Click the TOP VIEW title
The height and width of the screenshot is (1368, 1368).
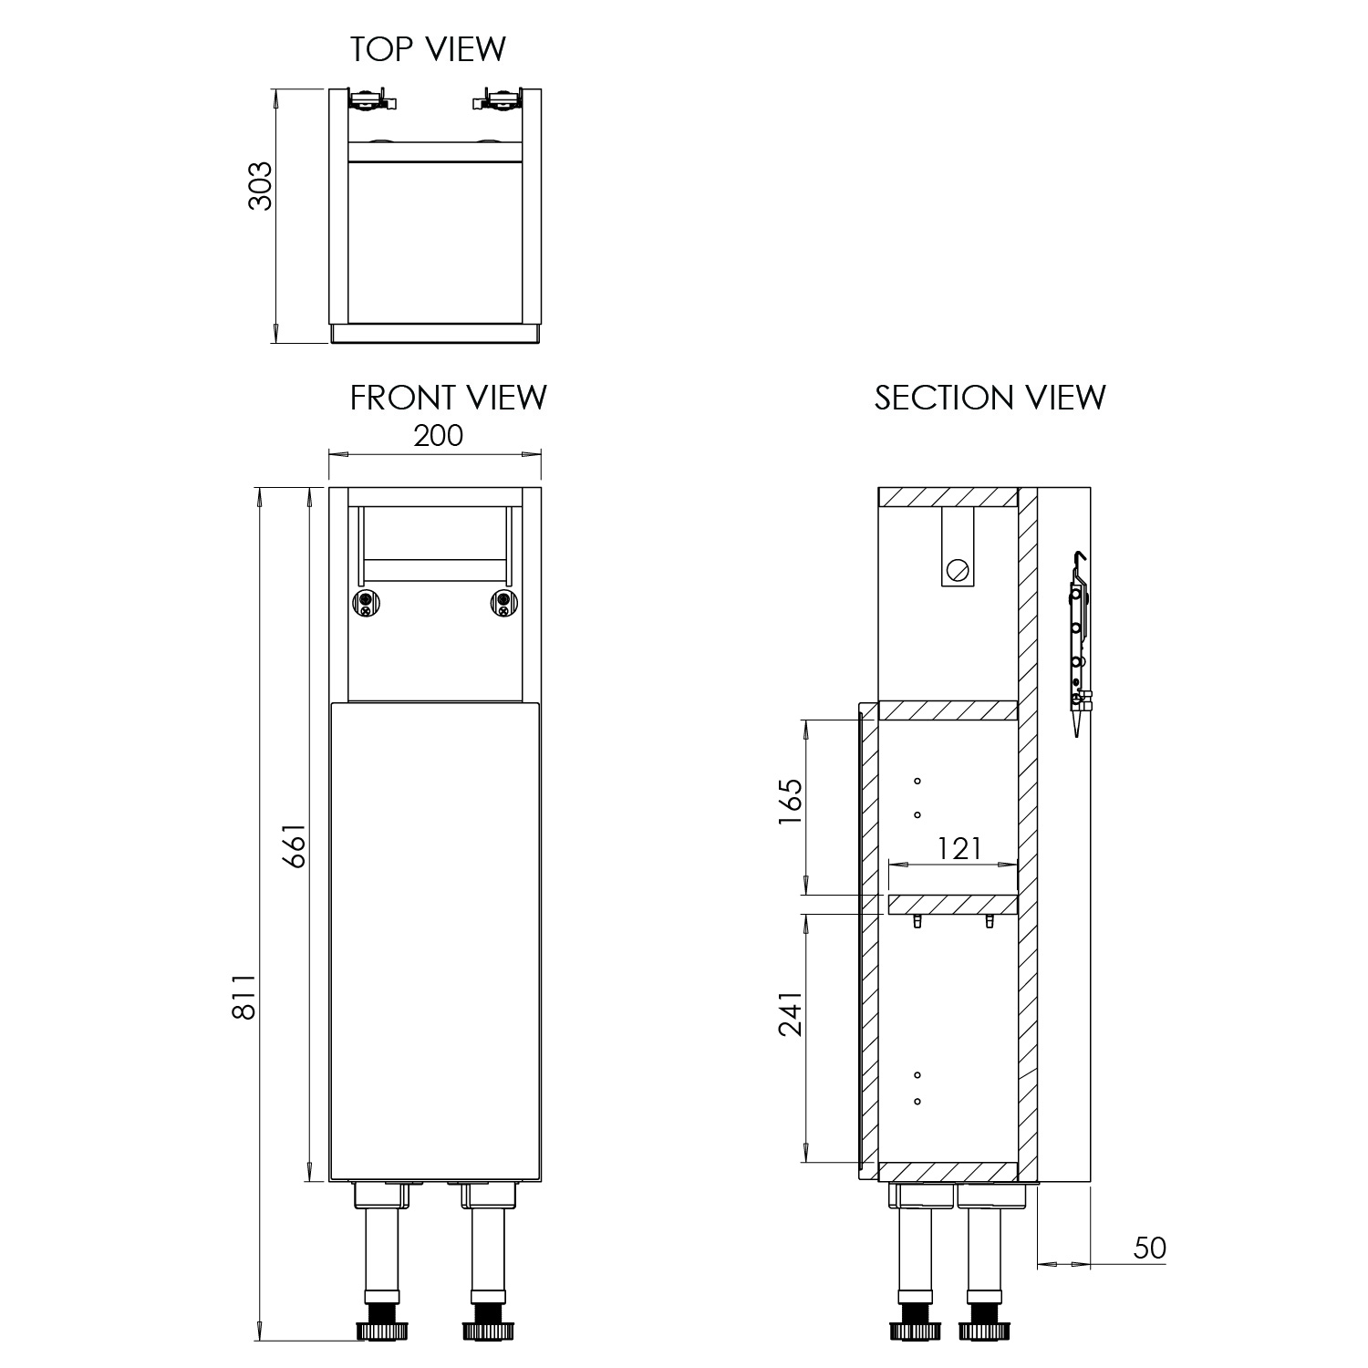[428, 49]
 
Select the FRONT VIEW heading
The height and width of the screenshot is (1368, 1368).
[449, 398]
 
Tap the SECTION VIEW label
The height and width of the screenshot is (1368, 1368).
[990, 398]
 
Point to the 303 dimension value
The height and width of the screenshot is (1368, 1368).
[261, 186]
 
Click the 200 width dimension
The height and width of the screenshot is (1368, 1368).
[439, 436]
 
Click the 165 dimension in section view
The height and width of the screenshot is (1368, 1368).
[790, 803]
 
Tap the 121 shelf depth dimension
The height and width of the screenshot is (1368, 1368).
[959, 849]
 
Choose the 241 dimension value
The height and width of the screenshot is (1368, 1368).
[790, 1013]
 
